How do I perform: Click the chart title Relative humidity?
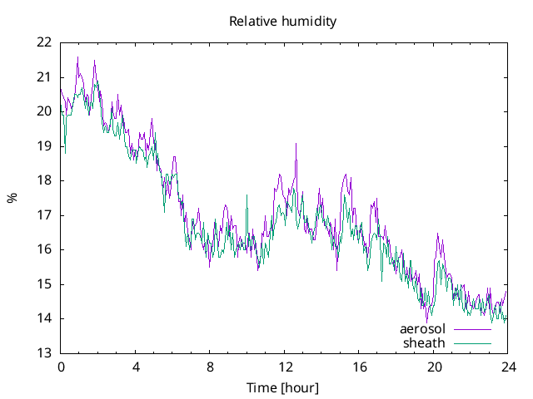[282, 22]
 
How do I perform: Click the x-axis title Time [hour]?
[282, 387]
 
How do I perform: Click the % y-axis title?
[12, 198]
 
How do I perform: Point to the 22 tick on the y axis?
[44, 42]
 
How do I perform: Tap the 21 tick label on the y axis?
[44, 77]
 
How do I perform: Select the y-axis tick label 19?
[44, 146]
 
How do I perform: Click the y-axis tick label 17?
[44, 215]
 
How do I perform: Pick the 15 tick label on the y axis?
[44, 284]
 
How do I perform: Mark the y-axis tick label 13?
[44, 353]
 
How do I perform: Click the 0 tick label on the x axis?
[61, 367]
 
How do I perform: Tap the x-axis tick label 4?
[135, 367]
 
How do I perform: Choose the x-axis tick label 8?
[210, 367]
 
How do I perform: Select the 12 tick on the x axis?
[284, 367]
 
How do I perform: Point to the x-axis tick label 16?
[359, 367]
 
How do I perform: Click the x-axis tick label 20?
[433, 367]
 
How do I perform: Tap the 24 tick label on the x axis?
[507, 367]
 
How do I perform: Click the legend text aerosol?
[422, 329]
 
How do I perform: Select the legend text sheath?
[424, 342]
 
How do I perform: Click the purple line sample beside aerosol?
[472, 329]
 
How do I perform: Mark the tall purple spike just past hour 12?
[296, 145]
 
